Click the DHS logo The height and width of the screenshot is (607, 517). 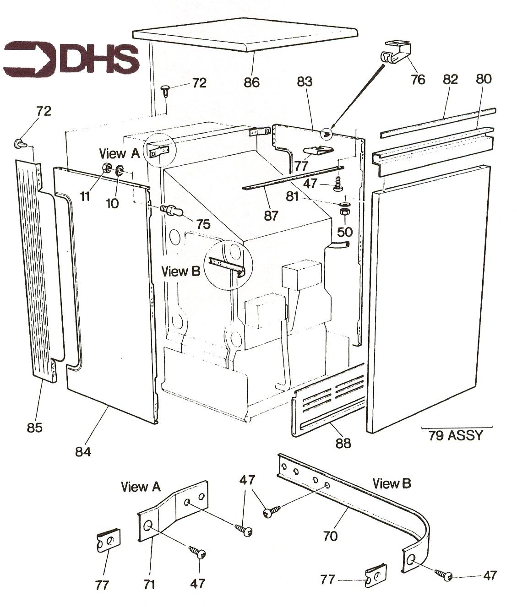(71, 58)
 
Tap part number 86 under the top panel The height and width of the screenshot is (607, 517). (252, 82)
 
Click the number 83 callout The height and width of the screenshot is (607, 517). (305, 81)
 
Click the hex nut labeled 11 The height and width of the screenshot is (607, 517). (106, 168)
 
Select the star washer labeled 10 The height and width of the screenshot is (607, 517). (120, 171)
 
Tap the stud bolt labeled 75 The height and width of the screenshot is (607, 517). (172, 211)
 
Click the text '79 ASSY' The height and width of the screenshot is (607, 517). (456, 435)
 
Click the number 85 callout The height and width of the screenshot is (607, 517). (35, 428)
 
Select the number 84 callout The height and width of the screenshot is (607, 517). (83, 452)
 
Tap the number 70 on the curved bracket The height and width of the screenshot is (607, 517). (330, 536)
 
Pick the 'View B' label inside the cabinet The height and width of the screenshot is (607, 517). (181, 271)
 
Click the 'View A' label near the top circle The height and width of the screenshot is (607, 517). (119, 153)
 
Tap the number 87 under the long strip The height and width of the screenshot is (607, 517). (271, 216)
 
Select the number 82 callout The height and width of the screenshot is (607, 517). (450, 79)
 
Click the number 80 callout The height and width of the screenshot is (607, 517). (484, 79)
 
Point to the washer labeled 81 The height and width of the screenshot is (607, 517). (344, 204)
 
